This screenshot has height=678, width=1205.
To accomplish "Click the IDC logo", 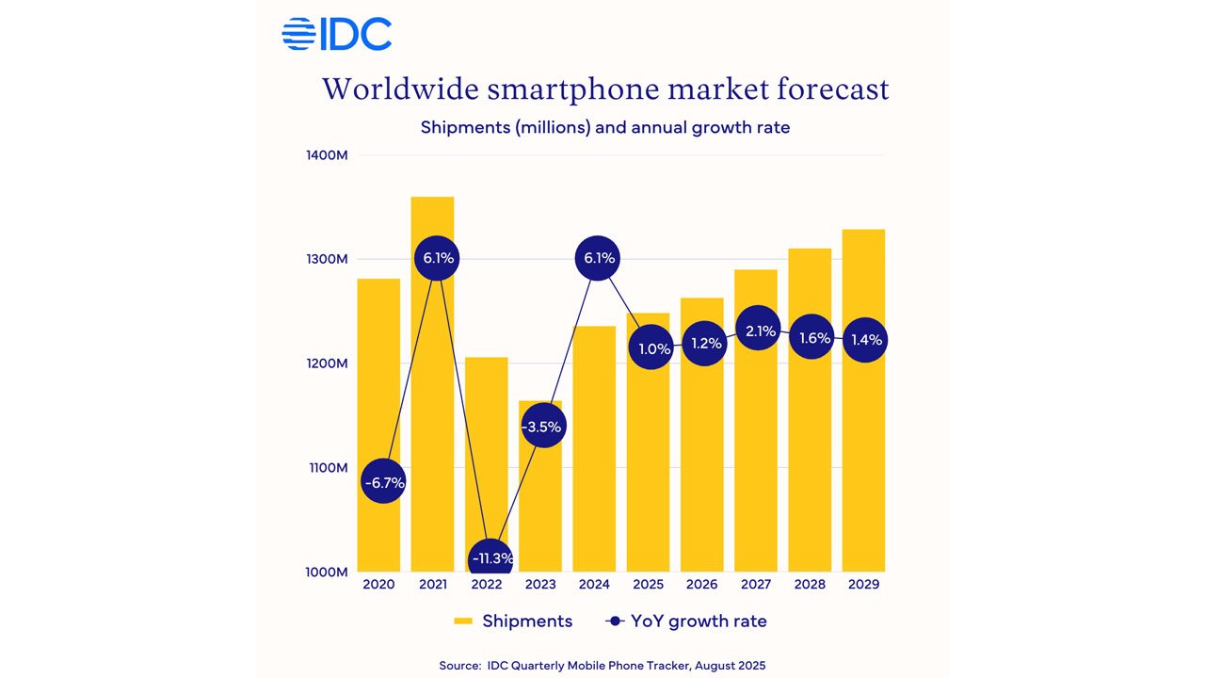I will (x=336, y=35).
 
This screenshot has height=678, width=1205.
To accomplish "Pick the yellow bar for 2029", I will (x=863, y=452).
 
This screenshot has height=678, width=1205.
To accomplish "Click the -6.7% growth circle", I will (x=382, y=483).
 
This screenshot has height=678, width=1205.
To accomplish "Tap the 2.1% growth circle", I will (x=759, y=331).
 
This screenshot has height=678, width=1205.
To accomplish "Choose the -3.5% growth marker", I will (x=541, y=427).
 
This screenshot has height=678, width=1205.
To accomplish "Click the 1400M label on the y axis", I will (x=327, y=155).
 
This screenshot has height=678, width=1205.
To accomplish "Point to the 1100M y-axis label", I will (x=327, y=468).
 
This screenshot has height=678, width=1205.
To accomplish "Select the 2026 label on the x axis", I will (x=701, y=585).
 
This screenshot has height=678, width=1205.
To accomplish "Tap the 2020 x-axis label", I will (x=378, y=585).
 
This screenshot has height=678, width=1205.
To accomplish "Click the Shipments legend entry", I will (x=513, y=621).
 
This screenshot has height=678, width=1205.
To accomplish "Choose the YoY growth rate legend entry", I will (x=686, y=621).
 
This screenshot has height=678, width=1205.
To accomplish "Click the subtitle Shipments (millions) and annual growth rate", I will (x=604, y=127).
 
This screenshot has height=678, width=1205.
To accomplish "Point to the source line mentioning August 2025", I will (x=602, y=666).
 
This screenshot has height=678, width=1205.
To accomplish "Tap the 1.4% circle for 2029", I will (x=864, y=340).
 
